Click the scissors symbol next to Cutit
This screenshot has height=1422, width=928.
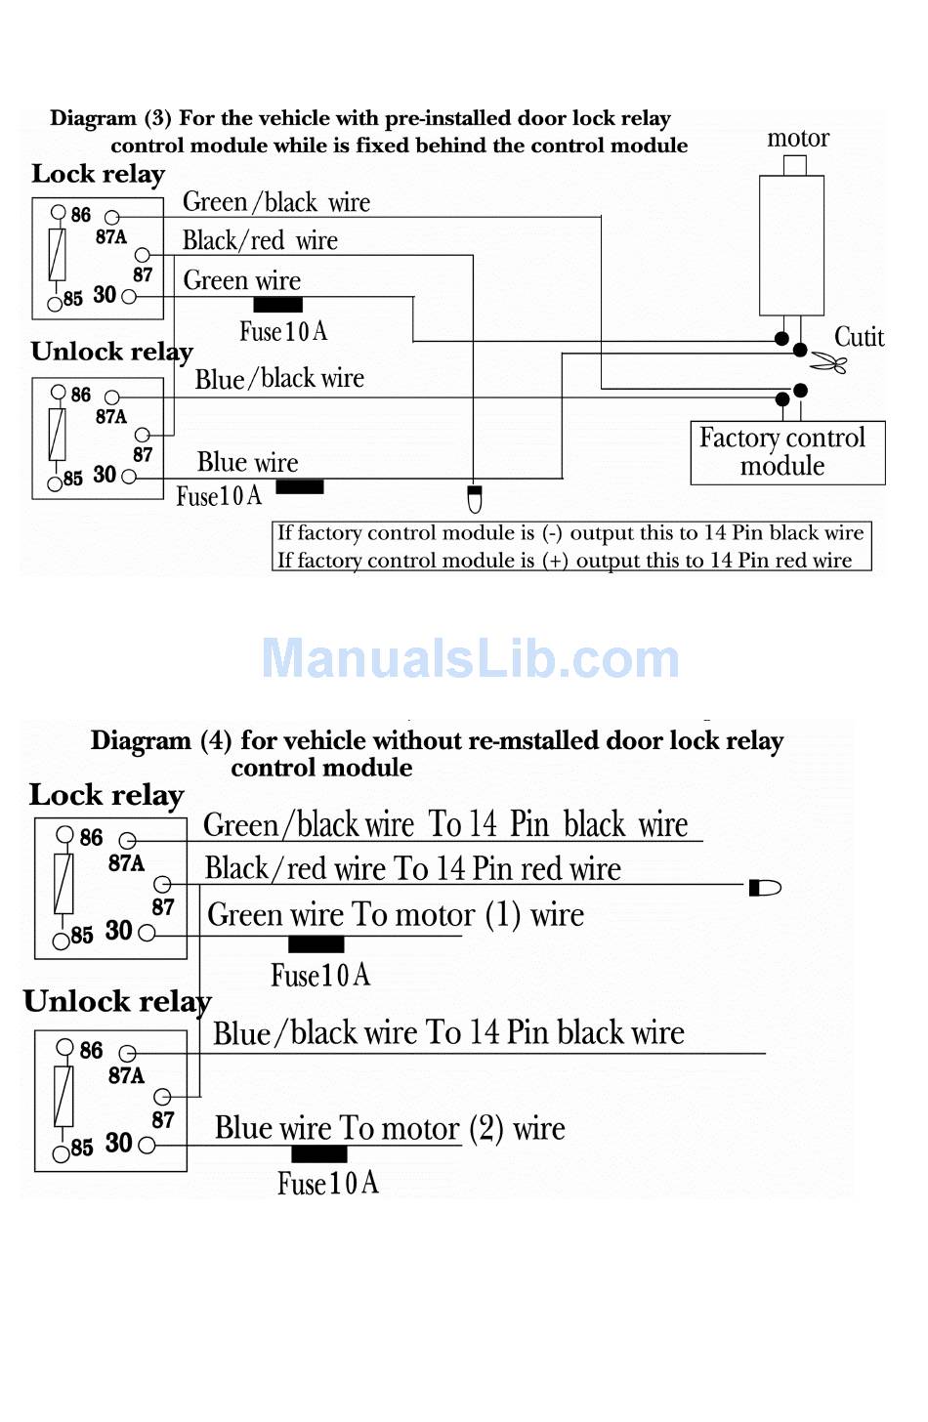pyautogui.click(x=828, y=362)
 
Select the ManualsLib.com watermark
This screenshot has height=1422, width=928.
pyautogui.click(x=470, y=658)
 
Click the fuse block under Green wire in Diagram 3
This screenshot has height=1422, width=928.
pyautogui.click(x=278, y=305)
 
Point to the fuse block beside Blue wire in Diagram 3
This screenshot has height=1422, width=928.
pyautogui.click(x=300, y=487)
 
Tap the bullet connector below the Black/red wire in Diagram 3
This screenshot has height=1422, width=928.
pyautogui.click(x=474, y=499)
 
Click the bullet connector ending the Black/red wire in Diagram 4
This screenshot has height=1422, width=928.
pyautogui.click(x=765, y=888)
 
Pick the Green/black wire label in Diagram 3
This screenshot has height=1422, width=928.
pyautogui.click(x=276, y=202)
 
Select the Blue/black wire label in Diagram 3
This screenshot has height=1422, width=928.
pyautogui.click(x=279, y=379)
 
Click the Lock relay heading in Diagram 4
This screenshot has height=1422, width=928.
pyautogui.click(x=106, y=795)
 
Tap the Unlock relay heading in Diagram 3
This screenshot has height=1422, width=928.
pyautogui.click(x=111, y=352)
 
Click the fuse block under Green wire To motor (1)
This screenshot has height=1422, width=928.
pyautogui.click(x=316, y=944)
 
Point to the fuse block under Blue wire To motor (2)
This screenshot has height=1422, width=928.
pyautogui.click(x=319, y=1153)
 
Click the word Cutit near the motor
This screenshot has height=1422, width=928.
pyautogui.click(x=859, y=337)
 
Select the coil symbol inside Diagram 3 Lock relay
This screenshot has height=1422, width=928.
pyautogui.click(x=57, y=255)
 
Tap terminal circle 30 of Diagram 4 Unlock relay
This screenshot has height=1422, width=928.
pyautogui.click(x=147, y=1145)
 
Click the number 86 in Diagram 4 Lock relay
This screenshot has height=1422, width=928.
pyautogui.click(x=91, y=837)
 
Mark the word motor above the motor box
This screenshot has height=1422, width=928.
pyautogui.click(x=798, y=139)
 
